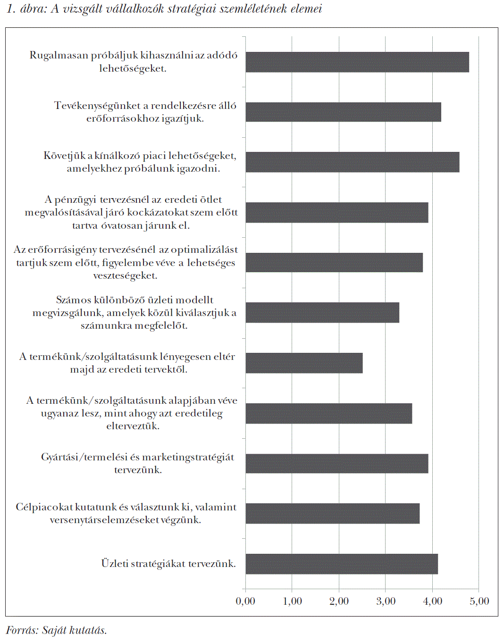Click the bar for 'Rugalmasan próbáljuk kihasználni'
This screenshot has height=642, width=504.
(357, 62)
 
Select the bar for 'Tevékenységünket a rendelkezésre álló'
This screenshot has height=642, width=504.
(343, 112)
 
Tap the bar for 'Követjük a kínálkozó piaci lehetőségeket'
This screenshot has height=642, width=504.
(352, 162)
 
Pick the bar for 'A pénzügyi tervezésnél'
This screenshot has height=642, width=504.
(336, 213)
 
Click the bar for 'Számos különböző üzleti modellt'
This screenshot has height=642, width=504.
(322, 312)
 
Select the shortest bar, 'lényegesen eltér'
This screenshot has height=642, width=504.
(304, 363)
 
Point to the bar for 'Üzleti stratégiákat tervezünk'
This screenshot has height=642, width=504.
(342, 564)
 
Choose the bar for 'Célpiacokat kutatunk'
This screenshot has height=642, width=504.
(332, 513)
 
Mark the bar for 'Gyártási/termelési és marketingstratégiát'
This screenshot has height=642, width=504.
(336, 463)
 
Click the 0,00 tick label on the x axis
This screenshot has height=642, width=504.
(245, 601)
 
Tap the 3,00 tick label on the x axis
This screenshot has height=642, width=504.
(386, 601)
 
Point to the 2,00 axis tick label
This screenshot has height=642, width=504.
(339, 601)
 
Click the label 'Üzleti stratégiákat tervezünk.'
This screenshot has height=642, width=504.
(168, 564)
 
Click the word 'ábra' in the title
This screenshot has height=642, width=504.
(33, 9)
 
